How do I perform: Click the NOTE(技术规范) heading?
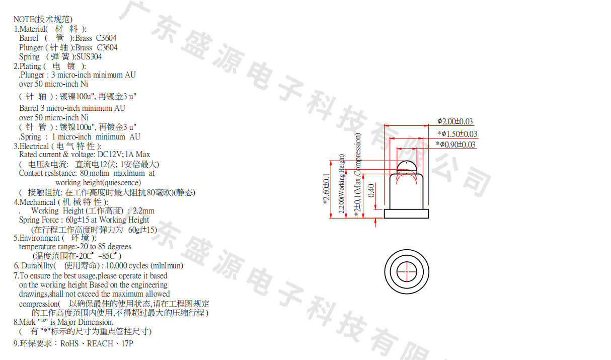click(x=43, y=19)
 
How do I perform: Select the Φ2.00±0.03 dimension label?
click(x=455, y=121)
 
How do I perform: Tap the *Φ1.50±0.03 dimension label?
click(x=457, y=134)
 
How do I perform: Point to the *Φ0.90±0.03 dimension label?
click(x=455, y=145)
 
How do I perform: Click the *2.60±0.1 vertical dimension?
click(x=327, y=189)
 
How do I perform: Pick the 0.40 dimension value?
click(x=371, y=190)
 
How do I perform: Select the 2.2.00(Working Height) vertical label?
click(x=341, y=184)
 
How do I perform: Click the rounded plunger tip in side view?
click(x=407, y=166)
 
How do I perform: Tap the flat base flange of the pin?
click(x=407, y=213)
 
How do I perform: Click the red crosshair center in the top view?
click(x=407, y=271)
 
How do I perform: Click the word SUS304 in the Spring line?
click(x=89, y=57)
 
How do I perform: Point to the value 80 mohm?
click(x=95, y=173)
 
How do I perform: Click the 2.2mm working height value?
click(x=143, y=210)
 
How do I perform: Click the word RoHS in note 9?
click(x=69, y=343)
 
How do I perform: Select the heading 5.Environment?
click(x=36, y=238)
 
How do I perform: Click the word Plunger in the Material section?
click(x=31, y=47)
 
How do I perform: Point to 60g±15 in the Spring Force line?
click(x=78, y=220)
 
